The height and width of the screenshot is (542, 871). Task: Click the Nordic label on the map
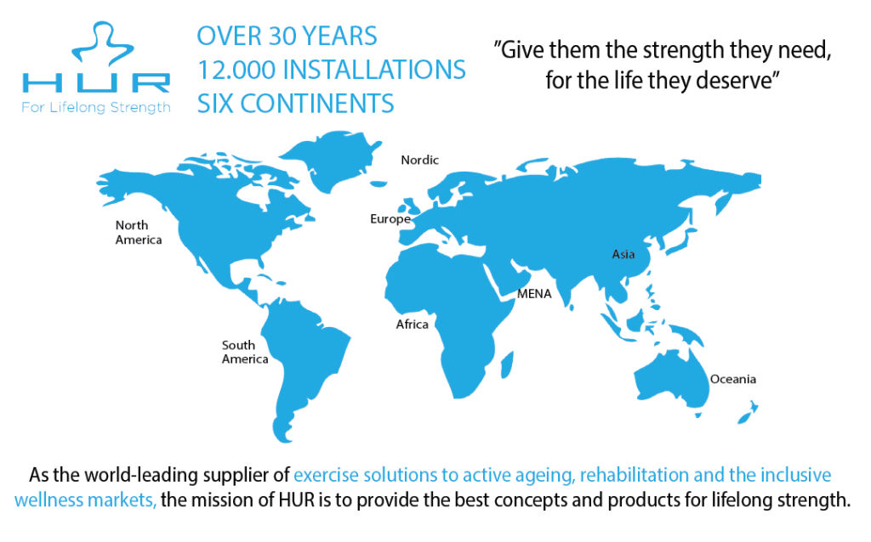[x=420, y=160]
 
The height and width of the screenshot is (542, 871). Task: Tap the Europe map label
[x=390, y=219]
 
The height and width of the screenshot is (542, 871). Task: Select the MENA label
[x=534, y=294]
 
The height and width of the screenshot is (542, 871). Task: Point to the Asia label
[x=623, y=254]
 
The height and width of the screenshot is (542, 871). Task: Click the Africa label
[x=413, y=325]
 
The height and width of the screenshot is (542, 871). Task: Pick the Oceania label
[x=733, y=379]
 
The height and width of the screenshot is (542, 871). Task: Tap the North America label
[x=139, y=233]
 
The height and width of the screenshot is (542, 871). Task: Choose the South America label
[x=245, y=353]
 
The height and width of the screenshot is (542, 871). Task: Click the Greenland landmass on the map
[x=331, y=158]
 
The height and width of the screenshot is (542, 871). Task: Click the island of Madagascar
[x=507, y=365]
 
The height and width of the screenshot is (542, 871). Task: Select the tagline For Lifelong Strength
[x=96, y=107]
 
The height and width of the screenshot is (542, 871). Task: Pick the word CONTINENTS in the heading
[x=317, y=104]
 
